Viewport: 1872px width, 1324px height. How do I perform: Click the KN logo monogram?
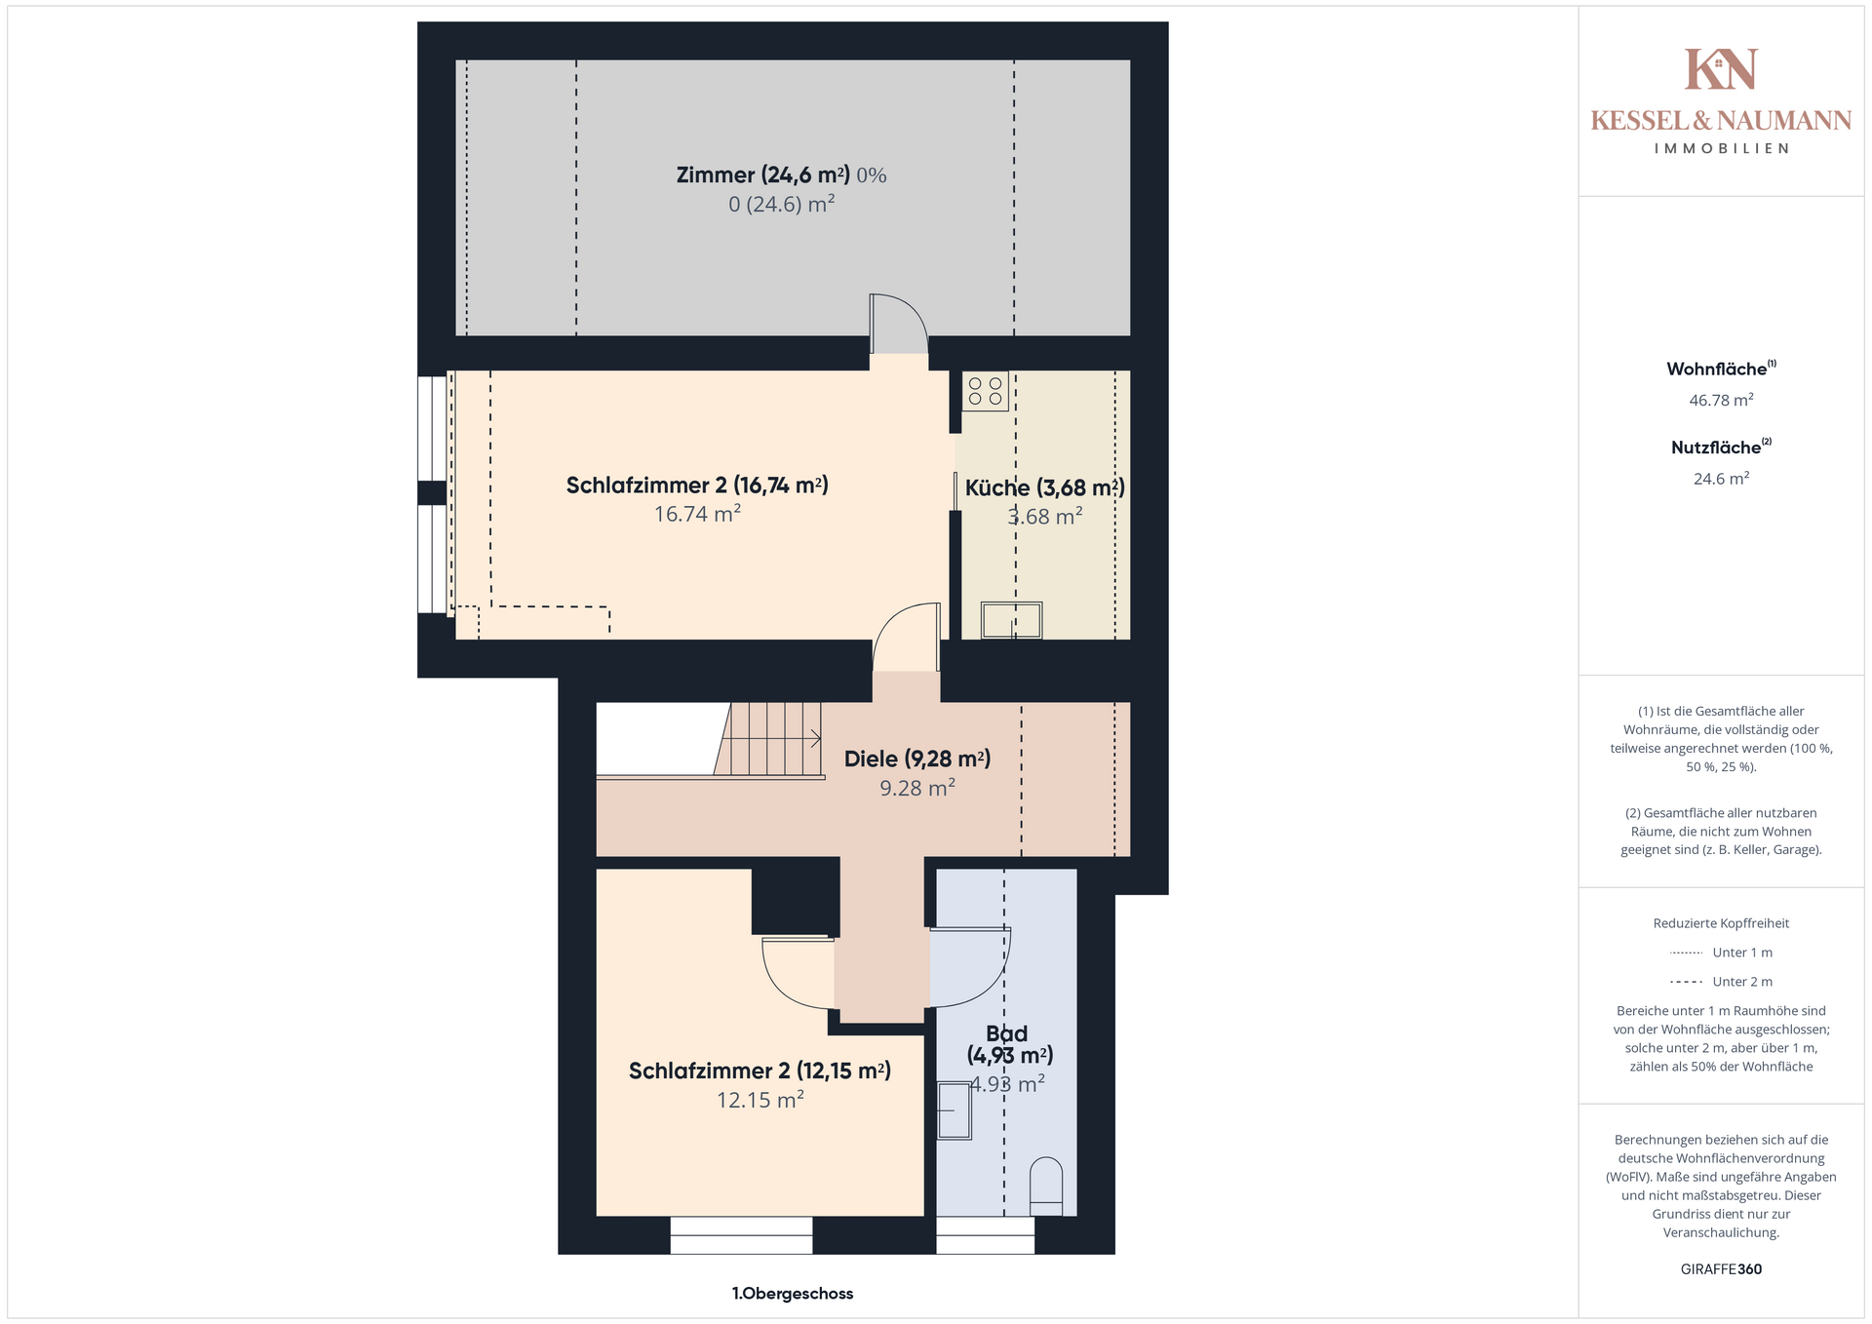pyautogui.click(x=1721, y=68)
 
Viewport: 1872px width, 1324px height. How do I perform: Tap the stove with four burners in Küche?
pyautogui.click(x=986, y=391)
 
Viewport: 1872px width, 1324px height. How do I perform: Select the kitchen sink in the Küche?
pyautogui.click(x=1012, y=620)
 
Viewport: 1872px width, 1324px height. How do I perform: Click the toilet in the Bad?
pyautogui.click(x=1046, y=1187)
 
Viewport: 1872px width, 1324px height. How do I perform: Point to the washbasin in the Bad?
pyautogui.click(x=955, y=1110)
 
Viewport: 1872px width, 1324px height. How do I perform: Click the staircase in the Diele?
pyautogui.click(x=769, y=740)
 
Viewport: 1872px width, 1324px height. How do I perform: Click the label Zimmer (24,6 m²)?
pyautogui.click(x=763, y=175)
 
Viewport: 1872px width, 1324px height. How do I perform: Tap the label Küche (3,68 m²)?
pyautogui.click(x=1044, y=487)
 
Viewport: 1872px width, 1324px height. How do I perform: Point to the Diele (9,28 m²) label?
pyautogui.click(x=917, y=759)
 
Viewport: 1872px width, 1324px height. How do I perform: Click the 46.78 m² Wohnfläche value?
pyautogui.click(x=1721, y=400)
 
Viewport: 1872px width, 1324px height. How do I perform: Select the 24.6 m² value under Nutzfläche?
pyautogui.click(x=1721, y=479)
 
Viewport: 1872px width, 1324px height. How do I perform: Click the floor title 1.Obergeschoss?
pyautogui.click(x=793, y=1294)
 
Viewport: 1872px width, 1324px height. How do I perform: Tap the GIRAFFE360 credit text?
pyautogui.click(x=1721, y=1269)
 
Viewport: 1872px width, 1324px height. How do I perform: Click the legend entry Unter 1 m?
pyautogui.click(x=1721, y=953)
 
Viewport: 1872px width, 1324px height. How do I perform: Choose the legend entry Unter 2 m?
pyautogui.click(x=1721, y=982)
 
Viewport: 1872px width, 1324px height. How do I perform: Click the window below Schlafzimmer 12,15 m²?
pyautogui.click(x=741, y=1235)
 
